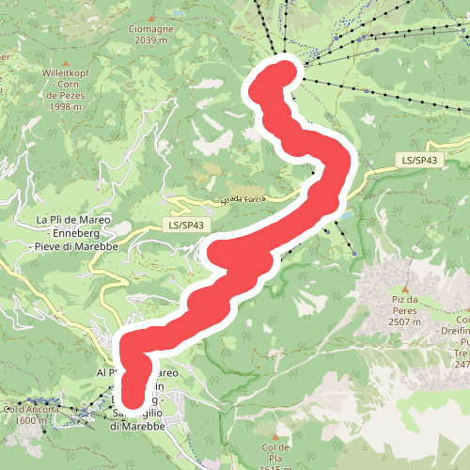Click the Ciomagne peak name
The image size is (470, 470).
pyautogui.click(x=149, y=28)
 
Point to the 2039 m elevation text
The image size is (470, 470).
pyautogui.click(x=149, y=40)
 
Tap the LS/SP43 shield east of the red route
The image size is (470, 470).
pyautogui.click(x=419, y=161)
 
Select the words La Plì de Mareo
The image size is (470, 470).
pyautogui.click(x=73, y=219)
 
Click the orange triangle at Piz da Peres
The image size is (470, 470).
pyautogui.click(x=405, y=288)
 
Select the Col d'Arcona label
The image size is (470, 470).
pyautogui.click(x=31, y=409)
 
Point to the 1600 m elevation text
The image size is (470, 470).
pyautogui.click(x=30, y=420)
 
